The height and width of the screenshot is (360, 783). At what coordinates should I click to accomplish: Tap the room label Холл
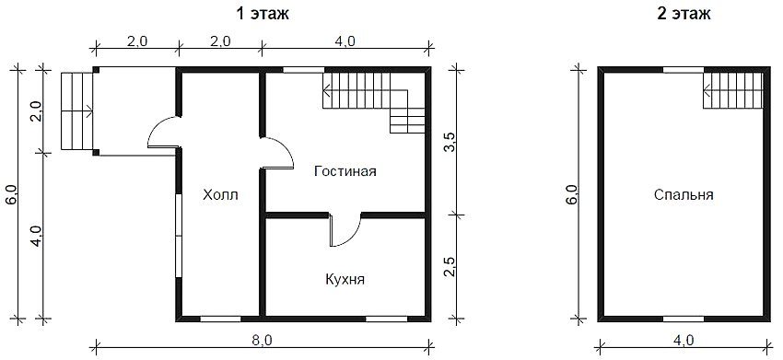(x=220, y=194)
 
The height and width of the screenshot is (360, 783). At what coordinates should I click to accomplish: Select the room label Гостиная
(x=345, y=172)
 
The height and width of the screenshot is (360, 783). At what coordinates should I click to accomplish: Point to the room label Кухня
(x=345, y=279)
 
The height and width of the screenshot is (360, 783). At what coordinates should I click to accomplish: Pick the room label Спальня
(x=684, y=194)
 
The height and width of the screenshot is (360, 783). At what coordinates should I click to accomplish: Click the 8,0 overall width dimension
(x=262, y=341)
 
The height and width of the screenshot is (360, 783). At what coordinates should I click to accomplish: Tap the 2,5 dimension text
(x=450, y=266)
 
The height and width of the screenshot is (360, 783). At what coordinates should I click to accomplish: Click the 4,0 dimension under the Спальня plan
(x=684, y=341)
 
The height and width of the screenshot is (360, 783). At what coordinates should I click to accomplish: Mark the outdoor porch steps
(x=76, y=110)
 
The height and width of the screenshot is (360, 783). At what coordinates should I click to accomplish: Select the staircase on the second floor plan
(x=734, y=91)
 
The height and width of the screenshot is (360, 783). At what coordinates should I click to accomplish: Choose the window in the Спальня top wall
(x=684, y=69)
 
